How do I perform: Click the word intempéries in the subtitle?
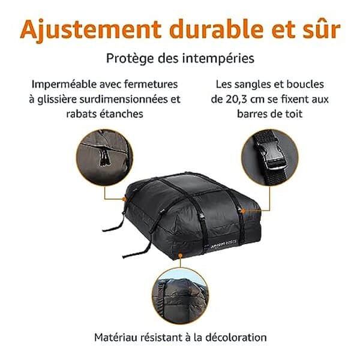(x=221, y=59)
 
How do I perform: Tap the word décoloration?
(x=236, y=337)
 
